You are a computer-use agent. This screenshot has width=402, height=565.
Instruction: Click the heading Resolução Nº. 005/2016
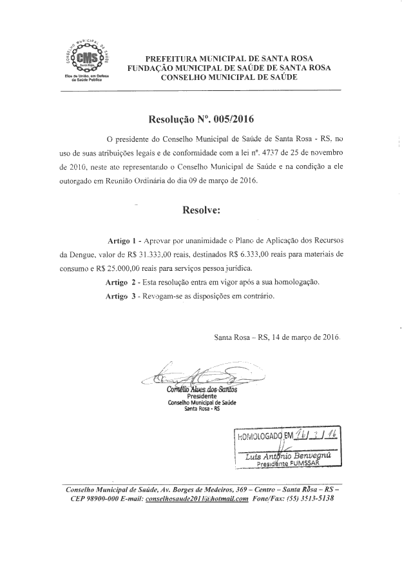(202, 119)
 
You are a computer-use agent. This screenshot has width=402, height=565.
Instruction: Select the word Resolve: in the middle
(202, 210)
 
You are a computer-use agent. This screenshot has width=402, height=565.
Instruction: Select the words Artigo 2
(121, 282)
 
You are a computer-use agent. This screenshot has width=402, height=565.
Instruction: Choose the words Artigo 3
(121, 296)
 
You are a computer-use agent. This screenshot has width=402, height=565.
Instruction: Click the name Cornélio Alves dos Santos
(202, 390)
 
